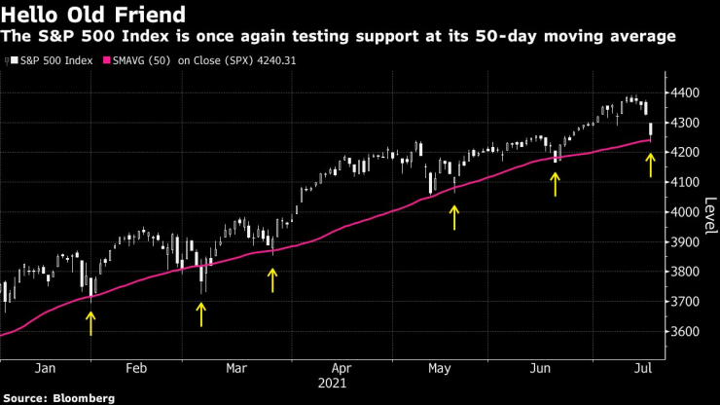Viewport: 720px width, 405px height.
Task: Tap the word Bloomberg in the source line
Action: (x=83, y=398)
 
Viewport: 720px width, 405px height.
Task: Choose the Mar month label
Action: (x=236, y=369)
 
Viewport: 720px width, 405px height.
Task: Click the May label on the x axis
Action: (x=440, y=369)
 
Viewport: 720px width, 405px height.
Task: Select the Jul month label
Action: (x=643, y=369)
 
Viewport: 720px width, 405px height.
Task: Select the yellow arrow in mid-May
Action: (x=453, y=216)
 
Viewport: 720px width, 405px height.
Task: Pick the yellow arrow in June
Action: (x=556, y=183)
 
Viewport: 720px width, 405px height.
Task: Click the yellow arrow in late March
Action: (x=272, y=279)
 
